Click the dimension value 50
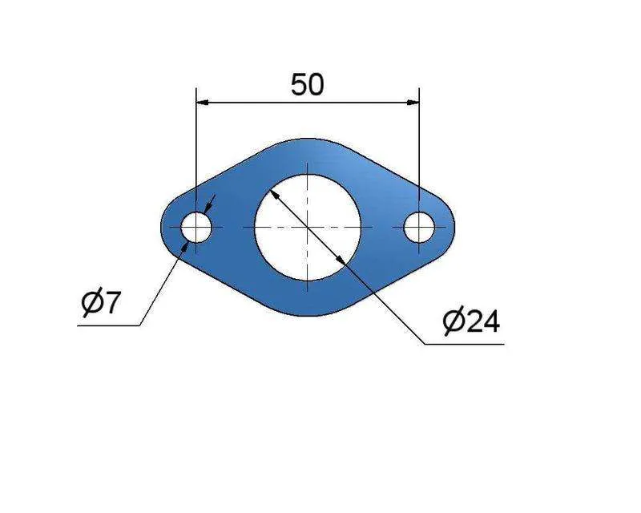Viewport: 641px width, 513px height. pyautogui.click(x=307, y=85)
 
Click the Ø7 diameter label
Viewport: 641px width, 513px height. pyautogui.click(x=101, y=303)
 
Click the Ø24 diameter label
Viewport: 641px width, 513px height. pyautogui.click(x=471, y=321)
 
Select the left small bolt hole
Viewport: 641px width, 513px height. pyautogui.click(x=196, y=227)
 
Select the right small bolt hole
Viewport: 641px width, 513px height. pyautogui.click(x=419, y=227)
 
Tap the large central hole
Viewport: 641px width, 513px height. pyautogui.click(x=308, y=228)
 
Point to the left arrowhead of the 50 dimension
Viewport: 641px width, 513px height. pyautogui.click(x=203, y=103)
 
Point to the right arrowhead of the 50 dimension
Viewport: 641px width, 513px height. pyautogui.click(x=413, y=103)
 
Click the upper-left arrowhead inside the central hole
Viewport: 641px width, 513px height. pyautogui.click(x=275, y=195)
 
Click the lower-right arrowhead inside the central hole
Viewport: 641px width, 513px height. pyautogui.click(x=340, y=261)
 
